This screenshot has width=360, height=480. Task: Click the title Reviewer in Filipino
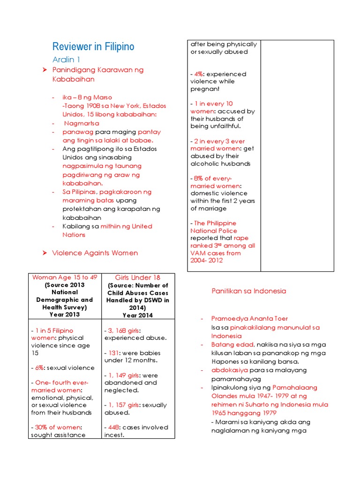coord(93,46)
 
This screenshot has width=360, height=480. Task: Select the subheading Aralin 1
coord(66,60)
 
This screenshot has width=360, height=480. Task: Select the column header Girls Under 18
coord(137,277)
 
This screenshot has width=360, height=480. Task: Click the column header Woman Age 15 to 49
coord(64,277)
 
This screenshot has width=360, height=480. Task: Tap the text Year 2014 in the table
coord(137,315)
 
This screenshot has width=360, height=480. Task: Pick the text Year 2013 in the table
coord(64,315)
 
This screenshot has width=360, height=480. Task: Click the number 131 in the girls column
coord(112,353)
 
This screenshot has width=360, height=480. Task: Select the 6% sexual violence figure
coord(38,368)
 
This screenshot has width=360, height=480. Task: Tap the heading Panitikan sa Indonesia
coord(248,291)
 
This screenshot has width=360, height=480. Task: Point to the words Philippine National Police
coord(214,227)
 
